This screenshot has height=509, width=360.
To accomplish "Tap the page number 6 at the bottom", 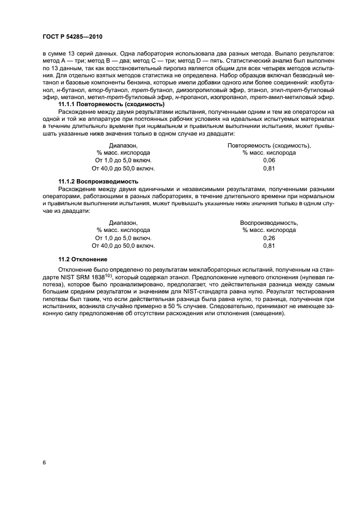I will tap(44, 462).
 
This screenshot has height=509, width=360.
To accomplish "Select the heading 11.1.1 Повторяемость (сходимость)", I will tap(111, 104).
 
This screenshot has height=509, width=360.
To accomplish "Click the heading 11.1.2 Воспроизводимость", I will tap(98, 181).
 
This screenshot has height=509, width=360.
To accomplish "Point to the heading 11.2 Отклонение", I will tap(83, 258).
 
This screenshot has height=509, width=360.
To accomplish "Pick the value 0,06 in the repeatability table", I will tap(269, 161).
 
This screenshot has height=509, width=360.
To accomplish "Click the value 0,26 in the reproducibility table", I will tap(269, 238).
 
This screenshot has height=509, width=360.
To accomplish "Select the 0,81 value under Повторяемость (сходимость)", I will tap(269, 169).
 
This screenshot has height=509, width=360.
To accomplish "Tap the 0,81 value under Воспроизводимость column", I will tap(269, 246).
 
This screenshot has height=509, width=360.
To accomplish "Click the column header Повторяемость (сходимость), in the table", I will tap(269, 146).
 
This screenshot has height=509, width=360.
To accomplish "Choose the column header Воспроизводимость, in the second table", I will tap(269, 223).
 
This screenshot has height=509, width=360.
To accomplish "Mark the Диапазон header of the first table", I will tap(123, 146).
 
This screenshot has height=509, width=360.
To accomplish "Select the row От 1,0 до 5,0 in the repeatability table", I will tap(123, 161).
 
